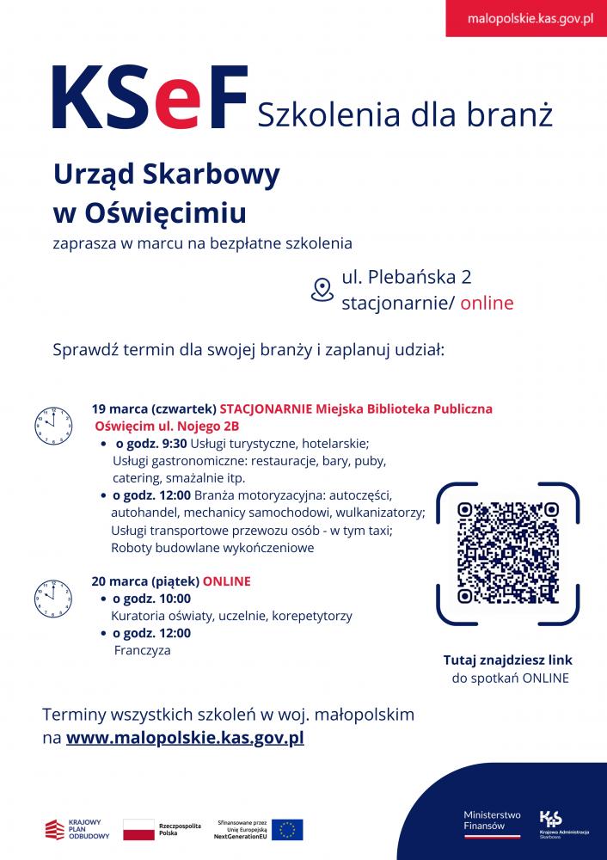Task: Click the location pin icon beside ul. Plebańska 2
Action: point(322,290)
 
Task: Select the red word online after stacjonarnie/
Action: point(487,303)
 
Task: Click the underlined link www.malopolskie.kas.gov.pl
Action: point(185,737)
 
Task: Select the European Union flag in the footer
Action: point(287,829)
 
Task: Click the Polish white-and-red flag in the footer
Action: point(138,829)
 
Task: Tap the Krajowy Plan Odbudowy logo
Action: point(77,829)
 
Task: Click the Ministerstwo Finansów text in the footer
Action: point(492,819)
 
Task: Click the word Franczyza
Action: point(142,651)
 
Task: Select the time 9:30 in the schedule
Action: point(174,444)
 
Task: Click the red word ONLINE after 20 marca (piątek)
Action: point(226,581)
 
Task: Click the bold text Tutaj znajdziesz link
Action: point(507,660)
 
